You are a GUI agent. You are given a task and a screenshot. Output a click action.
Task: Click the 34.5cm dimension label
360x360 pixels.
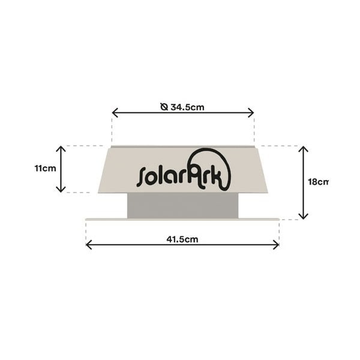coord(187,107)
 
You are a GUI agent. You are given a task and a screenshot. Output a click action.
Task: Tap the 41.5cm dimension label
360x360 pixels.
coord(182,239)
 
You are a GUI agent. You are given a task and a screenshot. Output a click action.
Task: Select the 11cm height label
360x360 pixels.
coord(45,168)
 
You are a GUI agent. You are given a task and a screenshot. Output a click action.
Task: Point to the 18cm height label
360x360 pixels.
coord(318,182)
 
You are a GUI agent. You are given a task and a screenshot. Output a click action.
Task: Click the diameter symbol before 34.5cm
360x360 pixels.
coord(164,107)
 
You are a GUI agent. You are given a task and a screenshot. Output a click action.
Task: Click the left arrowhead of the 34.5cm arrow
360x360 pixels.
coord(115,113)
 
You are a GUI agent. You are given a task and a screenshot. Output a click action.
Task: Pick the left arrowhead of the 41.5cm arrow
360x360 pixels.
coord(88,245)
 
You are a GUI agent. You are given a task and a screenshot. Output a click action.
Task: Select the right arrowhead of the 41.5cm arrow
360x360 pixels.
coord(277,245)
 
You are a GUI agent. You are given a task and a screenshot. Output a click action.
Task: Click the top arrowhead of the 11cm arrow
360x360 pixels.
coord(61,149)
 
